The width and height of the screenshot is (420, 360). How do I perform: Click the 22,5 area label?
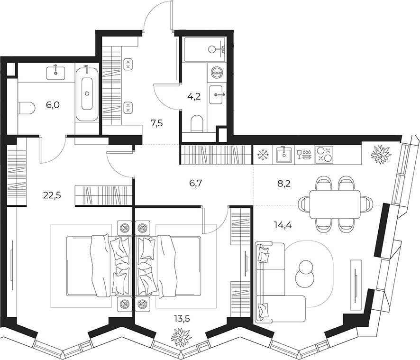pos(52,195)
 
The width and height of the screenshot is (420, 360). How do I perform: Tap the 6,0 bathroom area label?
pos(53,105)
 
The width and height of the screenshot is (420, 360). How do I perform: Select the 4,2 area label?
pos(194,96)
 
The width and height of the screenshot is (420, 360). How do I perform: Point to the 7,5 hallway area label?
pos(156,124)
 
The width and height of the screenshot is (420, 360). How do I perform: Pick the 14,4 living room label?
pos(283,225)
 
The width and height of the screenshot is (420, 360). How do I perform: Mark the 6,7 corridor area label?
pos(195,184)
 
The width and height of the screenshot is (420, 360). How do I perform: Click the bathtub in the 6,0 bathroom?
pos(87,93)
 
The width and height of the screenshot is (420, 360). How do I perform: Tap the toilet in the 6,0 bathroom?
pos(27,109)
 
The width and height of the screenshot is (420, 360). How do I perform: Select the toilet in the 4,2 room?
pos(198,124)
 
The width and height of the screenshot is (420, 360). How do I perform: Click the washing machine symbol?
pos(216,73)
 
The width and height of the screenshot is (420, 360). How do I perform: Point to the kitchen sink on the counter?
pos(283,155)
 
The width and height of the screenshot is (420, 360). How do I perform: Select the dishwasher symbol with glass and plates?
pos(304,155)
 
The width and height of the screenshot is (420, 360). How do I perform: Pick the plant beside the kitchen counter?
pos(380,155)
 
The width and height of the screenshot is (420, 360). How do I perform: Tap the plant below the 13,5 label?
pos(182,338)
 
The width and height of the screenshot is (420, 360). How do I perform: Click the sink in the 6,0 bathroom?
pos(56,73)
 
